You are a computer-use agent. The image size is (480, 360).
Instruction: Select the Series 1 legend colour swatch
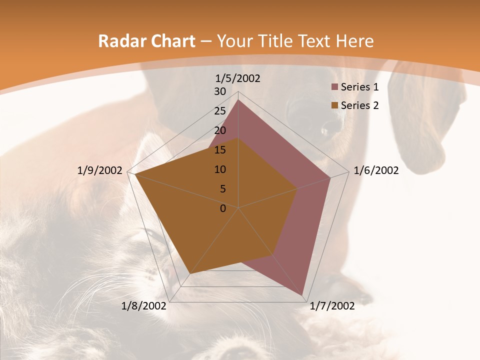tap(334, 87)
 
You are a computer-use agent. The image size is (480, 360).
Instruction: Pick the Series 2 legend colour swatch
tap(334, 105)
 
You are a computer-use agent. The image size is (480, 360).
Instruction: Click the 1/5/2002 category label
tap(238, 78)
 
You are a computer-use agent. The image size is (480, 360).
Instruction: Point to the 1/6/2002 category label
tap(376, 170)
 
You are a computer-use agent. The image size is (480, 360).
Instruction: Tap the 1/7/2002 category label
tap(332, 306)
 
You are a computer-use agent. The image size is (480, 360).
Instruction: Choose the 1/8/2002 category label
tap(144, 306)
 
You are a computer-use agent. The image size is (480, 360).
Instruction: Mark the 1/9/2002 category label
tap(100, 170)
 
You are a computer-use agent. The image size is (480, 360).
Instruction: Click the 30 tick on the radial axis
tap(220, 92)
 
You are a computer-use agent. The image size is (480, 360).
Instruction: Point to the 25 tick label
tap(220, 111)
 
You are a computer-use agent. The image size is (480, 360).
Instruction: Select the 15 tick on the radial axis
tap(220, 150)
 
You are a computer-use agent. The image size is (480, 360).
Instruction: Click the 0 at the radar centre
tap(223, 208)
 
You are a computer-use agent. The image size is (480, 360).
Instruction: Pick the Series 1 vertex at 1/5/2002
tap(238, 99)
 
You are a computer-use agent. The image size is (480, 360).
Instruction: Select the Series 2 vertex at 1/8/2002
tap(190, 273)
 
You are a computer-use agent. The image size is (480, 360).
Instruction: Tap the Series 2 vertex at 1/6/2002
tap(297, 188)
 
